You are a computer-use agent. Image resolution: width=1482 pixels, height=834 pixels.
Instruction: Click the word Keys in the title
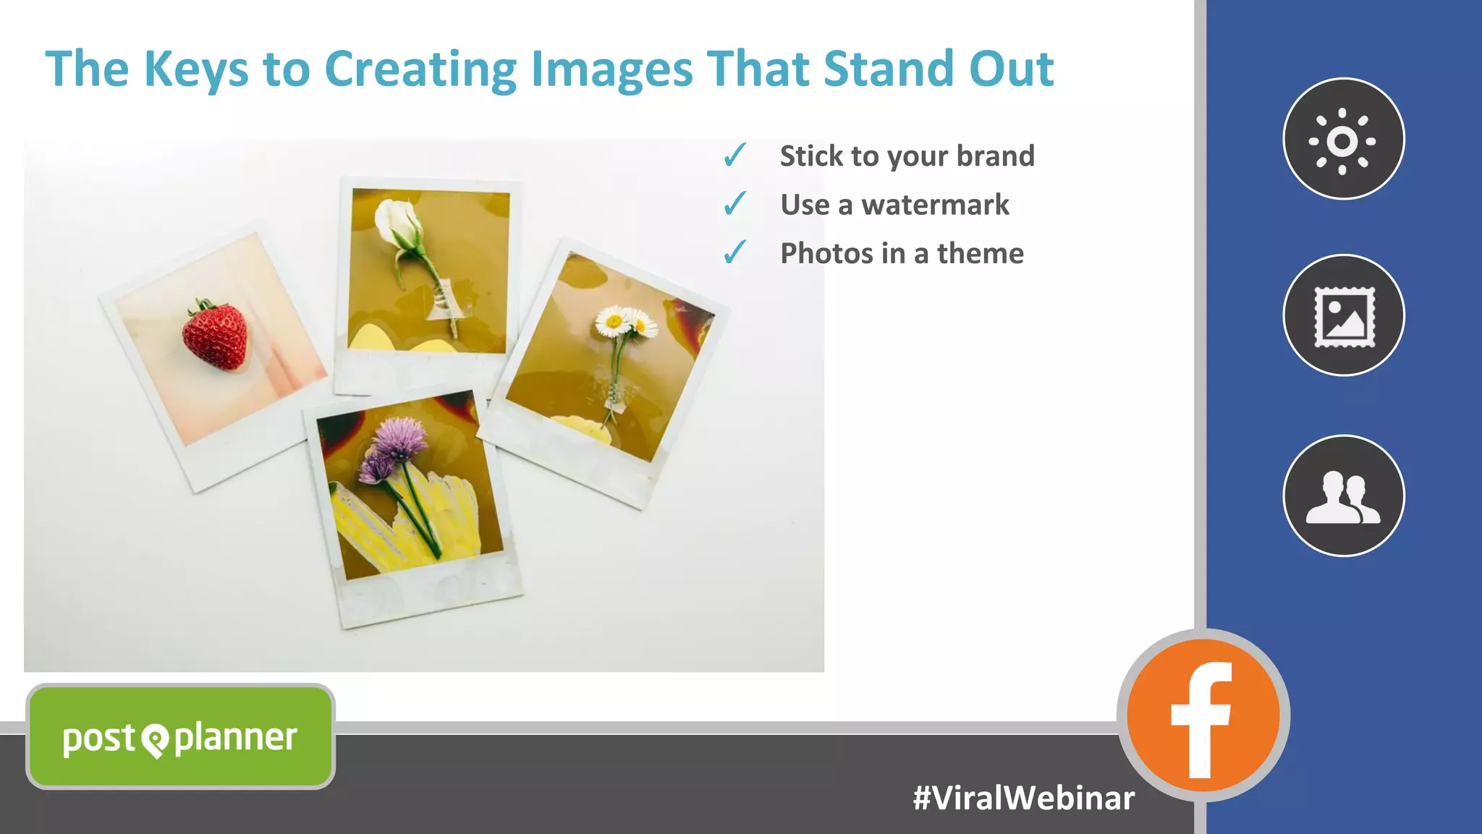pyautogui.click(x=195, y=69)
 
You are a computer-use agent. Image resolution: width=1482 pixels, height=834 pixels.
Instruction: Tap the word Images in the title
pyautogui.click(x=612, y=70)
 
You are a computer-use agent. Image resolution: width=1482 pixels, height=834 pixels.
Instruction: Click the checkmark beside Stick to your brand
pyautogui.click(x=734, y=155)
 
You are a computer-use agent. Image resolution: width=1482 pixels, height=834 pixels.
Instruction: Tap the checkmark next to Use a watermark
pyautogui.click(x=734, y=204)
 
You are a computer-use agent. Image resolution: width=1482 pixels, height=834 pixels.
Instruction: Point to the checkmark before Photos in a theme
pyautogui.click(x=734, y=252)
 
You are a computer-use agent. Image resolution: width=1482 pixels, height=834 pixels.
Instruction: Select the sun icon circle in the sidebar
pyautogui.click(x=1343, y=139)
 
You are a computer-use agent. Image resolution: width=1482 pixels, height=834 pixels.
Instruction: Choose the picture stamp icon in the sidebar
pyautogui.click(x=1344, y=315)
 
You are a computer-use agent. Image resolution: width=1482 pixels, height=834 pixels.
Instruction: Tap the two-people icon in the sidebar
pyautogui.click(x=1344, y=495)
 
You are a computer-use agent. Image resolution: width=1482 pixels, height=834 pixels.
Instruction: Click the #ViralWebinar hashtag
pyautogui.click(x=1023, y=798)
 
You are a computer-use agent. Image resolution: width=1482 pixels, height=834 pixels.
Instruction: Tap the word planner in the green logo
pyautogui.click(x=236, y=739)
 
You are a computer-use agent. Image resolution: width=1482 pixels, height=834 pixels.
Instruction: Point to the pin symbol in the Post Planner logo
pyautogui.click(x=155, y=740)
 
